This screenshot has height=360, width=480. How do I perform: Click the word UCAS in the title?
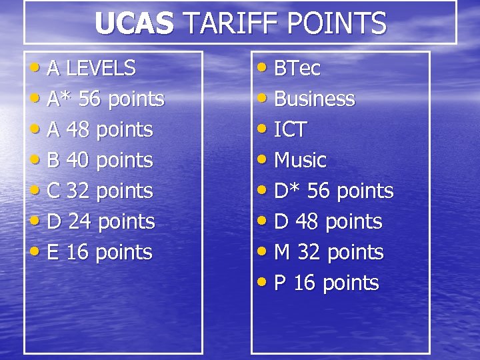[133, 23]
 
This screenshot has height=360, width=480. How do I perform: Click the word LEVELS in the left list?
[101, 68]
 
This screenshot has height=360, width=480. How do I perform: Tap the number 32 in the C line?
[79, 191]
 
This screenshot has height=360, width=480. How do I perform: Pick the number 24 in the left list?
[80, 222]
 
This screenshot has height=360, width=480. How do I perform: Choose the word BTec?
[297, 68]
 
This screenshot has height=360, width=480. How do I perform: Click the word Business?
[315, 99]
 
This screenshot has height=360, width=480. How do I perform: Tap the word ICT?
[291, 130]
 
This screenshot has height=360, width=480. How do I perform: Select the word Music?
[300, 161]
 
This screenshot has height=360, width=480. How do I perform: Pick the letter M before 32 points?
[282, 253]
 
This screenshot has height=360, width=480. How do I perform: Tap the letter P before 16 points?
[280, 283]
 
